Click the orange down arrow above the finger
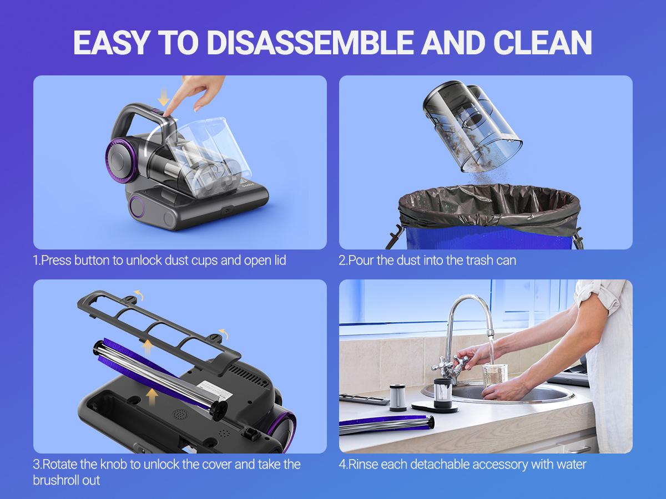coord(163,99)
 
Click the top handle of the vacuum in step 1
coord(139,111)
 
